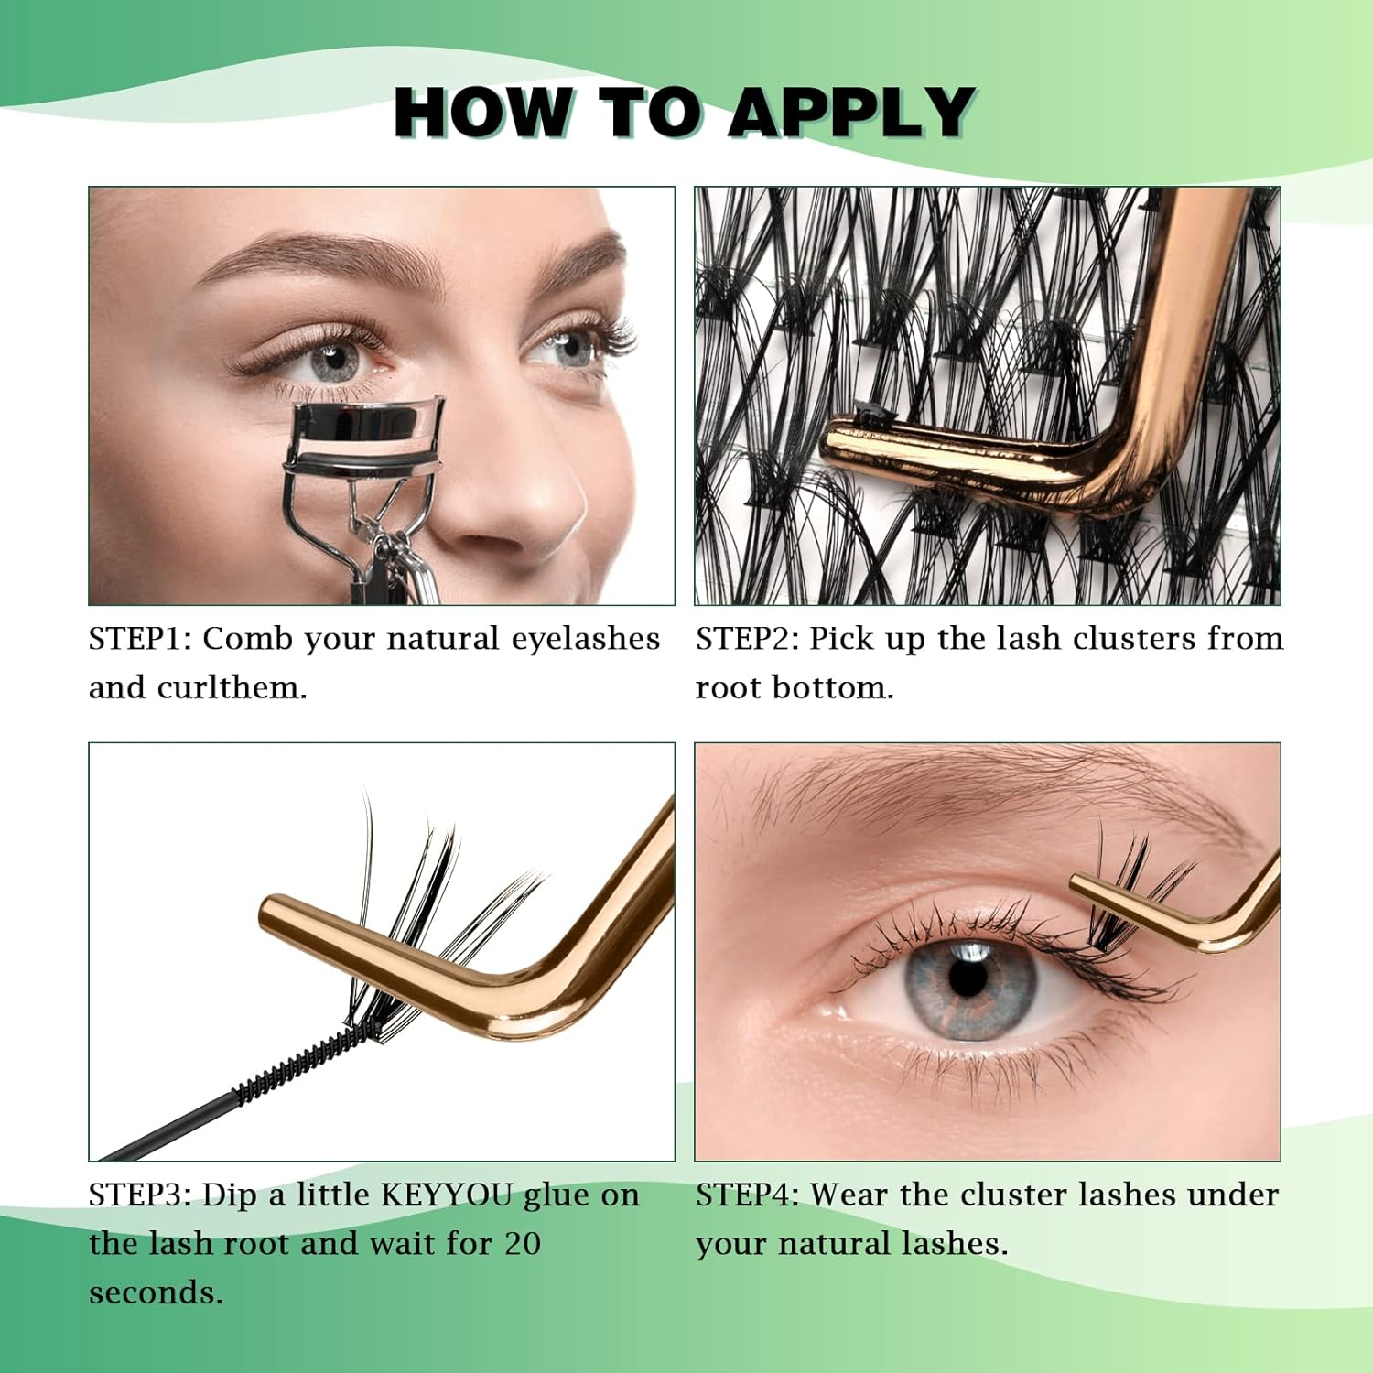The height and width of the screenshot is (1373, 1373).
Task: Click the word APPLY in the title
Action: tap(851, 112)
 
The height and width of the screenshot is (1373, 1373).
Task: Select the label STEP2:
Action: tap(748, 639)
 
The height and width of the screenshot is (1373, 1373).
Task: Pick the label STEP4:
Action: tap(748, 1195)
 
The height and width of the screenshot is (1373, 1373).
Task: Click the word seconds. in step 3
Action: tap(156, 1292)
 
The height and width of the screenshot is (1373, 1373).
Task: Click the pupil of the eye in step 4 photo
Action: tap(968, 978)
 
